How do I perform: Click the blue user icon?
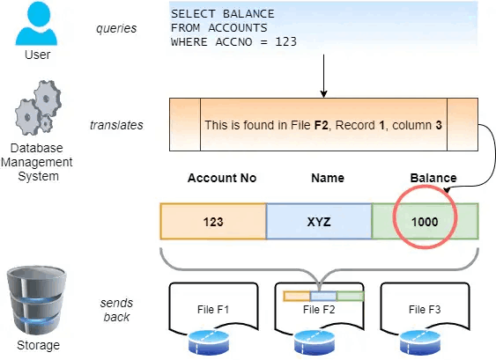(x=36, y=23)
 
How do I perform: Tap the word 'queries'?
(x=116, y=28)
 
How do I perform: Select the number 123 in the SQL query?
(x=286, y=41)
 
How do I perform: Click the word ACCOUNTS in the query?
(x=238, y=28)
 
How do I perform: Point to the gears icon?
(x=38, y=107)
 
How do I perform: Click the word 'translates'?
(x=116, y=125)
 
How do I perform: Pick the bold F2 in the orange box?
(x=321, y=125)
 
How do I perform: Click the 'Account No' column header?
(x=222, y=178)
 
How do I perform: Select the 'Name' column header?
(x=328, y=178)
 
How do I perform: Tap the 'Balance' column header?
(x=433, y=178)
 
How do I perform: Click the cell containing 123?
(x=213, y=221)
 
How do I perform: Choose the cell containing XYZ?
(x=319, y=221)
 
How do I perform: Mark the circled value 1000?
(x=425, y=222)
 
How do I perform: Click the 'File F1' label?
(x=213, y=310)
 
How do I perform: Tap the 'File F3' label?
(x=425, y=310)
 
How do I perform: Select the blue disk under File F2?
(x=315, y=342)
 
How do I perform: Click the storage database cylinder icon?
(x=37, y=300)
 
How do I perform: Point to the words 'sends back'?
(x=116, y=310)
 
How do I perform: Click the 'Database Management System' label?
(x=37, y=162)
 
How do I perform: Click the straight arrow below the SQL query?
(x=323, y=76)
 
